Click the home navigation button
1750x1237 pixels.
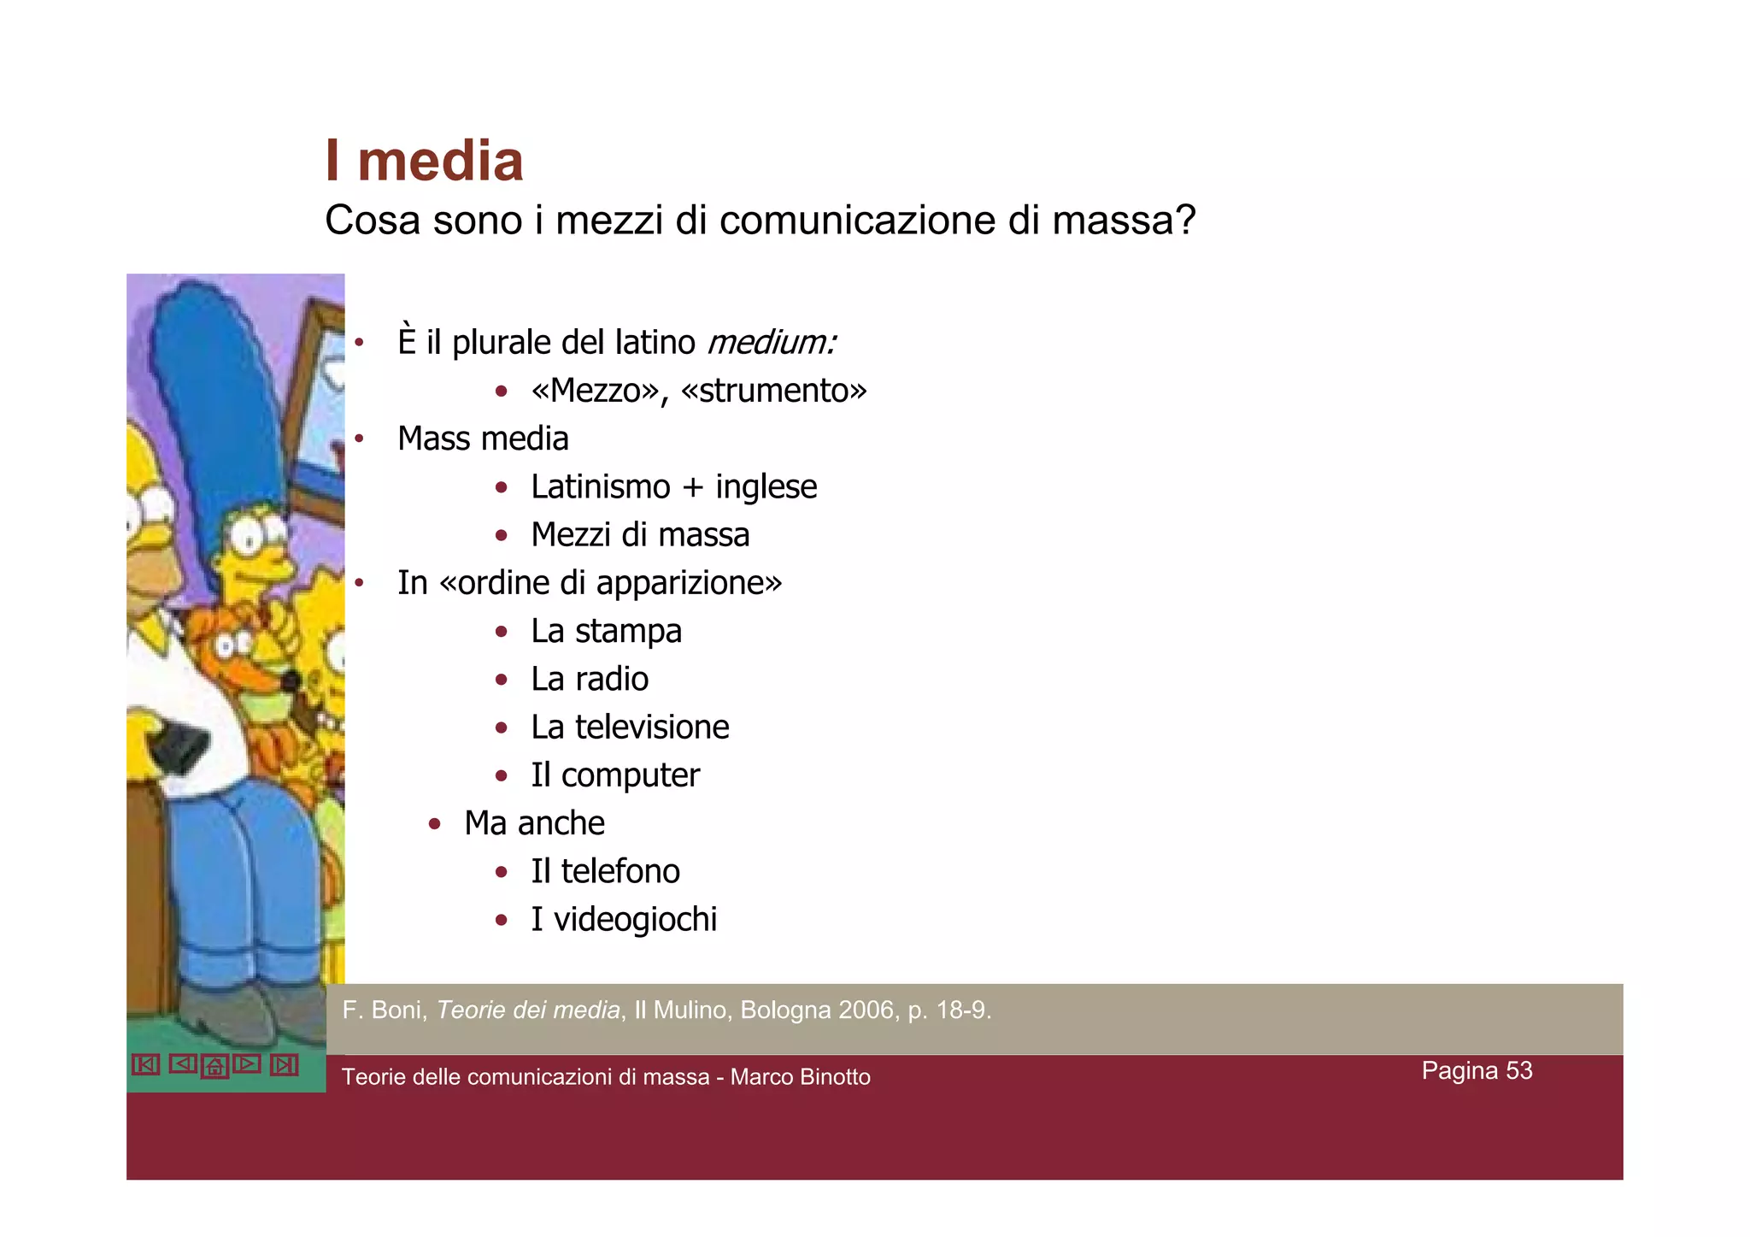[x=214, y=1066]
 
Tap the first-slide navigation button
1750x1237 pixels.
[x=146, y=1064]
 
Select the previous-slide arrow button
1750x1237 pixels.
[x=183, y=1063]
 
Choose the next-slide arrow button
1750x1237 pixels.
[x=247, y=1063]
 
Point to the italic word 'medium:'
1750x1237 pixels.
[x=772, y=343]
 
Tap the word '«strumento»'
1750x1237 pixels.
[x=774, y=391]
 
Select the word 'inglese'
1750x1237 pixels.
[x=766, y=487]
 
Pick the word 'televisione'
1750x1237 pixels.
[x=652, y=727]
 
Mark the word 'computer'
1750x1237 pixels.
[x=630, y=775]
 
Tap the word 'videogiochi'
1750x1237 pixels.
[x=635, y=920]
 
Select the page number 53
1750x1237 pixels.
[x=1518, y=1070]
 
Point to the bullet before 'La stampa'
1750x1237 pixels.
[x=502, y=632]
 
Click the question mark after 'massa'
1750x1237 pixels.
[x=1185, y=221]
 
